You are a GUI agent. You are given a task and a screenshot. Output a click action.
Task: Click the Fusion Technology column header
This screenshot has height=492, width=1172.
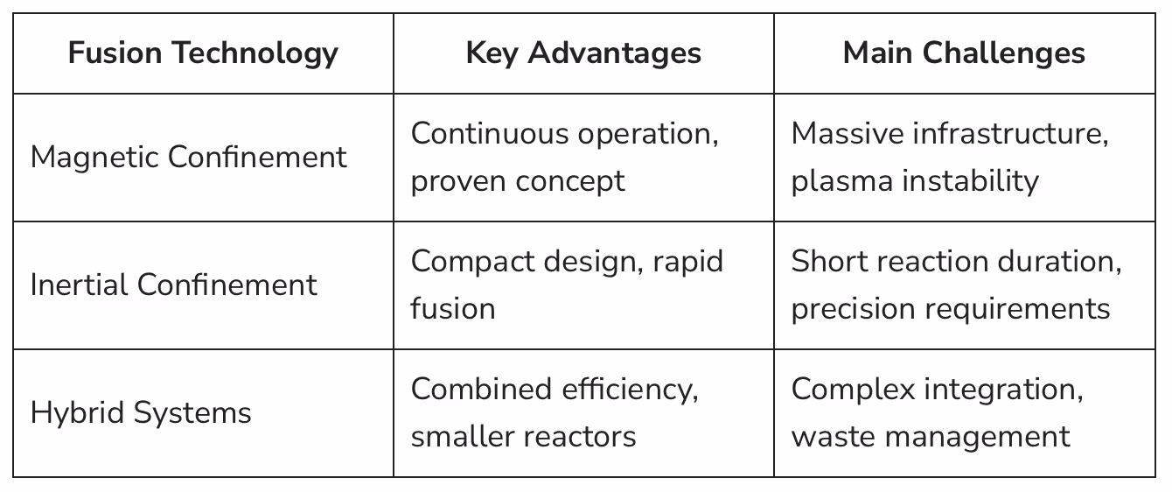(203, 53)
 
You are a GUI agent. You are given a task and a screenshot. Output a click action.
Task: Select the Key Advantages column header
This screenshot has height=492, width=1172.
(583, 53)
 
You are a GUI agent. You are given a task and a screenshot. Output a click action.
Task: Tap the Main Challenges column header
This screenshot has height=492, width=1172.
(964, 53)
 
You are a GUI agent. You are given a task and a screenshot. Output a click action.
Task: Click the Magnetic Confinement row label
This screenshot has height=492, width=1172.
(188, 158)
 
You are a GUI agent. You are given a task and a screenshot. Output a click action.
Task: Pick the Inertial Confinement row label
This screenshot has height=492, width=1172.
(173, 285)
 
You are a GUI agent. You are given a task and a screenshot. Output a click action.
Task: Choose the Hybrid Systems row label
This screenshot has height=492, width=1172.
(141, 413)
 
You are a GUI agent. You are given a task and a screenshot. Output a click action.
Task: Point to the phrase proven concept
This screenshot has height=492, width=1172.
(518, 181)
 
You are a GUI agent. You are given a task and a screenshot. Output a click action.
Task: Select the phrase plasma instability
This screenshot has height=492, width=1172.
(915, 181)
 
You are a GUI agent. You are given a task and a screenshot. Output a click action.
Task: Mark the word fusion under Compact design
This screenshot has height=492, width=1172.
(452, 309)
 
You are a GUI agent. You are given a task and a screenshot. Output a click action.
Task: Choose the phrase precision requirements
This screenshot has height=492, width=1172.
(951, 309)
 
